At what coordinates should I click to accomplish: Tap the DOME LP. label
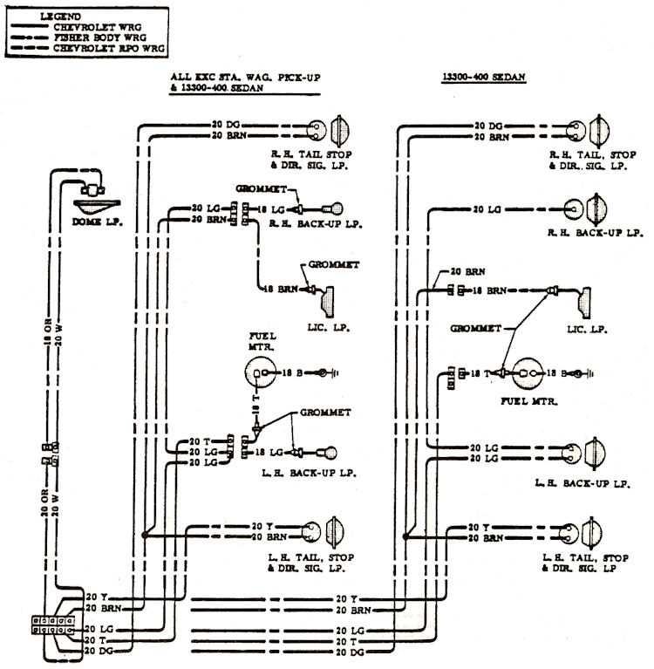tap(97, 222)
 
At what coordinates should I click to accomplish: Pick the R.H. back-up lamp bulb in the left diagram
tap(333, 209)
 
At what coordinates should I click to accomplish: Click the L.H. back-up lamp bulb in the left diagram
tap(332, 453)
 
